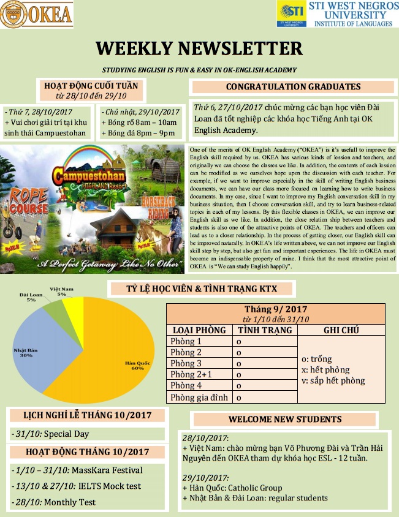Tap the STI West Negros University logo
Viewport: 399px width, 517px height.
pos(291,13)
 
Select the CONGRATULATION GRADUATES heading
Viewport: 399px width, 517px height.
pos(293,87)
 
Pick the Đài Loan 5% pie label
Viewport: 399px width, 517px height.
pos(31,297)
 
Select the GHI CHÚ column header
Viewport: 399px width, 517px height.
pos(341,330)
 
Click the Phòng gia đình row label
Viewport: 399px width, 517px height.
pos(199,397)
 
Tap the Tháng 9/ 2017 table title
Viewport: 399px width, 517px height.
pos(276,309)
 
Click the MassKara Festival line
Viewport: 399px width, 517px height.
pos(77,470)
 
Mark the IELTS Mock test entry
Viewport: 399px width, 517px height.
pos(77,486)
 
